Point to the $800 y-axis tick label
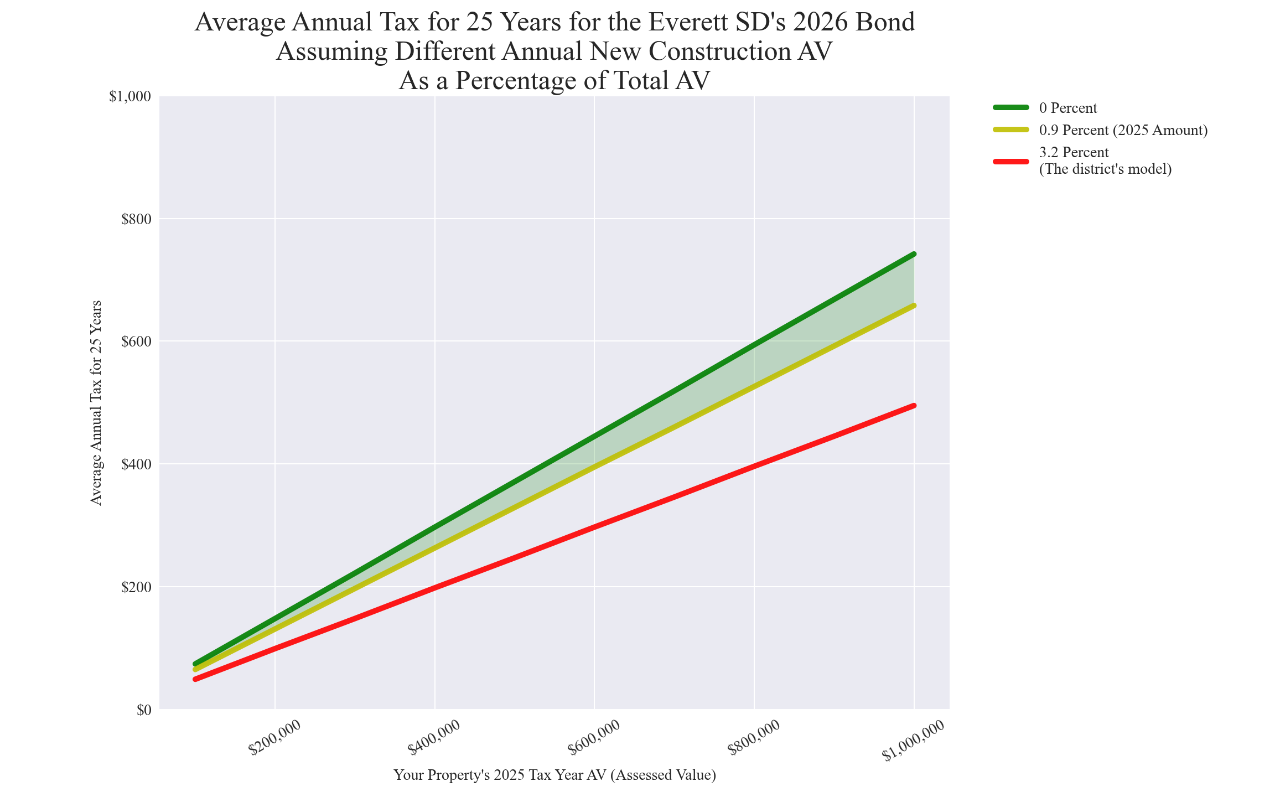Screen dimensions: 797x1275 click(x=136, y=219)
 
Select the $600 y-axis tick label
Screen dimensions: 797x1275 click(x=136, y=341)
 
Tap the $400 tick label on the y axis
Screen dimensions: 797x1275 click(x=136, y=464)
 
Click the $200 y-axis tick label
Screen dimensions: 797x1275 click(x=136, y=587)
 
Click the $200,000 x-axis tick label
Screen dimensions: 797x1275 click(x=274, y=738)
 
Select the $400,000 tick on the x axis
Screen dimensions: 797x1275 click(x=434, y=738)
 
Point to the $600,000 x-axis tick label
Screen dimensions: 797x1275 click(x=594, y=738)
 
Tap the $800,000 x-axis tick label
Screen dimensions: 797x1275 click(x=754, y=738)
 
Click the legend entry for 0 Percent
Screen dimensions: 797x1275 click(x=1068, y=108)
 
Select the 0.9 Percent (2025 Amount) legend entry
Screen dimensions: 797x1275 click(x=1123, y=131)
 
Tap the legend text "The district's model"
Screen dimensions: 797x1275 click(x=1105, y=169)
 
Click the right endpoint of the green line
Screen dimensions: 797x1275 click(x=914, y=254)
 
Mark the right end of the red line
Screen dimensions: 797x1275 click(x=914, y=406)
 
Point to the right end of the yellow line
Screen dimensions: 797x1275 click(x=914, y=306)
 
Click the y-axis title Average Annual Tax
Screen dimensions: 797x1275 click(x=96, y=403)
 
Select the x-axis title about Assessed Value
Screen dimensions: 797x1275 click(x=554, y=775)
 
